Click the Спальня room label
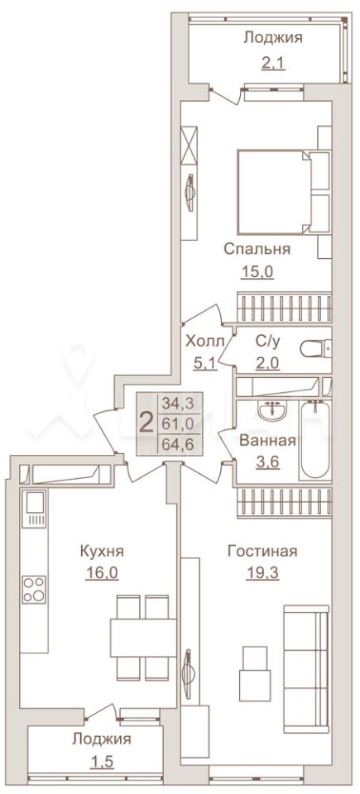coord(257,249)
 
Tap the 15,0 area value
coord(257,272)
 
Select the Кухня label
coord(102,551)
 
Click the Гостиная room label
coord(262,551)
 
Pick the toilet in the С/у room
coord(314,348)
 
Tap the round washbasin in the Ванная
coord(273,410)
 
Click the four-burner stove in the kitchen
coord(34,590)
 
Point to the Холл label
coord(204,341)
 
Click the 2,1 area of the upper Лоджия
coord(273,63)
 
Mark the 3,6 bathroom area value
coord(266,462)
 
